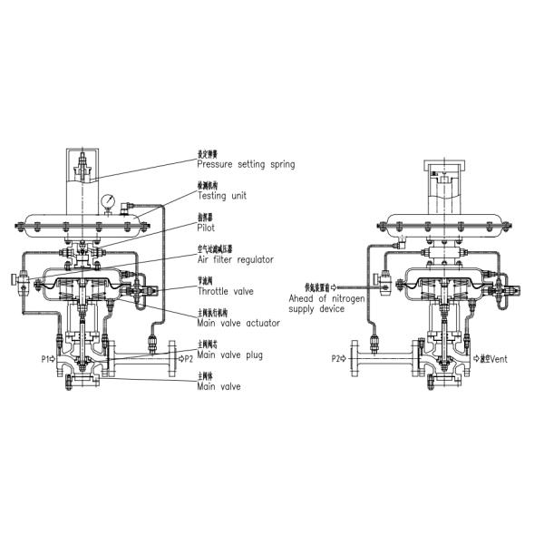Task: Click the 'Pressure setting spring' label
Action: tap(246, 165)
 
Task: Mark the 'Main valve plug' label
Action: tap(229, 355)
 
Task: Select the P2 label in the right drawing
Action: tap(337, 360)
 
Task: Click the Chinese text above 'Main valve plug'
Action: tap(209, 345)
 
